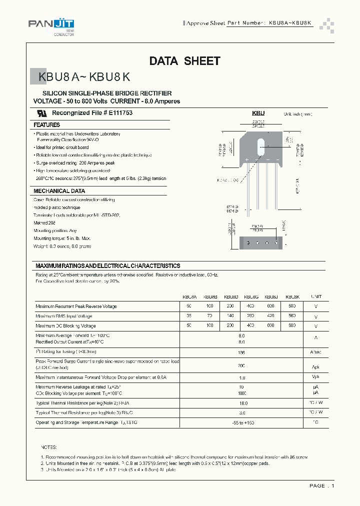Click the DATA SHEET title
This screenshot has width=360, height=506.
[x=184, y=61]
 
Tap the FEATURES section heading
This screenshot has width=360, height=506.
[x=47, y=125]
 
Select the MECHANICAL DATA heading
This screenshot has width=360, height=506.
[x=59, y=191]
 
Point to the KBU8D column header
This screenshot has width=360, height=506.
[x=230, y=296]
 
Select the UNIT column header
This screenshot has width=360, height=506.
[x=316, y=296]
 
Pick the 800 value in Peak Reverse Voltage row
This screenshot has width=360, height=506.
[x=292, y=305]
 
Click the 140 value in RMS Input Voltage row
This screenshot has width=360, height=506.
[x=230, y=316]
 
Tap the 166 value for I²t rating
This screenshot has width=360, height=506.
[x=242, y=352]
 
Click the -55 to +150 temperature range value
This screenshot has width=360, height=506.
[x=242, y=423]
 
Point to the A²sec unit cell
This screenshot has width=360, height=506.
[x=316, y=352]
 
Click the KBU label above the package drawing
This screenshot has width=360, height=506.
[x=258, y=113]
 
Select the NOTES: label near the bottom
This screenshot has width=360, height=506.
[x=49, y=447]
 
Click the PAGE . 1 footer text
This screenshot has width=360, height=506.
[x=321, y=485]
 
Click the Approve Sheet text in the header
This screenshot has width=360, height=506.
[x=206, y=23]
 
